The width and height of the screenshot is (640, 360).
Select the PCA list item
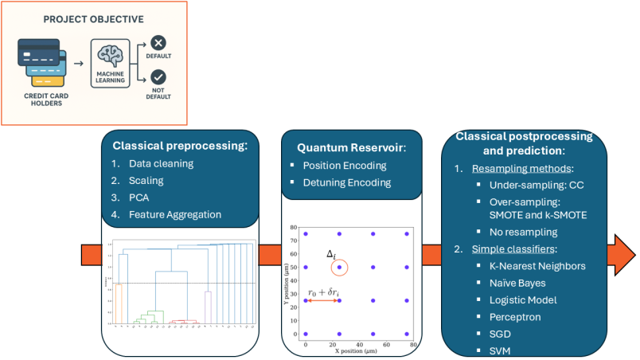[139, 197]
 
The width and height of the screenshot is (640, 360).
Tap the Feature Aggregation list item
[175, 213]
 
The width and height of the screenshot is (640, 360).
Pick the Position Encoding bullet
[345, 166]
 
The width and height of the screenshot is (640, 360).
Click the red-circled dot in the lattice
[340, 267]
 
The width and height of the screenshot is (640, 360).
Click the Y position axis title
[286, 284]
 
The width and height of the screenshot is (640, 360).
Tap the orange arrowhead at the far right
[623, 255]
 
